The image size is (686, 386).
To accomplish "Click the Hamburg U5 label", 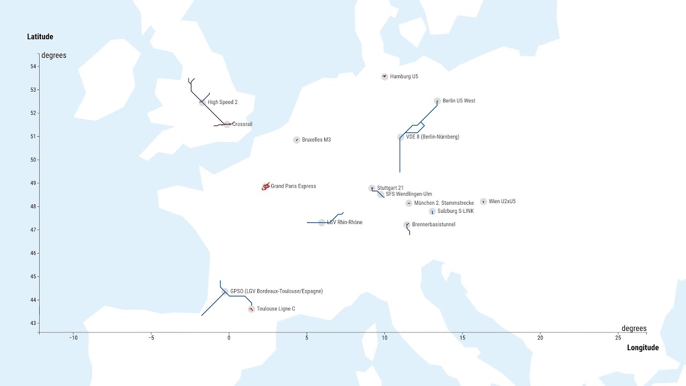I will coord(404,77).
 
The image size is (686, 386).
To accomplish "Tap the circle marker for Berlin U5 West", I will coord(437,101).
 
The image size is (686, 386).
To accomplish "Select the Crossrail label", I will coord(242,124).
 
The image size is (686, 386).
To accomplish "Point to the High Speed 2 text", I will coord(222,102).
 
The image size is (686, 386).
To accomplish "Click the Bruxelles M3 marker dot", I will coord(296,140).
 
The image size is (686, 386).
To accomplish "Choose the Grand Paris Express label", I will coord(293,186).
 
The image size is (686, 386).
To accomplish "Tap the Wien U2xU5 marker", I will coord(483,202).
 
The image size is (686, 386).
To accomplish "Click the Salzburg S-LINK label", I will coord(456,211).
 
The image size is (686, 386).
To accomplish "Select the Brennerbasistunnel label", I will coord(434,225).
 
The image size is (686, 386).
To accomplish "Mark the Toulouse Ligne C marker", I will coord(251,309).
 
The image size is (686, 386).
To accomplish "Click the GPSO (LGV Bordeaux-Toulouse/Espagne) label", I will coord(276,291).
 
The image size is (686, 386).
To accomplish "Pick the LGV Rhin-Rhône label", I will coord(345,222).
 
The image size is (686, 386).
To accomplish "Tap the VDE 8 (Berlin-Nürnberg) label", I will coord(432,137).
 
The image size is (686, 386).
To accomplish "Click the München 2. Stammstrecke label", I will coord(444,203).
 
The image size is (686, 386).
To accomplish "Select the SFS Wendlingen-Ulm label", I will coord(408,194).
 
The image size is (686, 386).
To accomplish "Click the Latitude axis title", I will coord(40,37).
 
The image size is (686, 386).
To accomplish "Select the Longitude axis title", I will coord(643,348).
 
